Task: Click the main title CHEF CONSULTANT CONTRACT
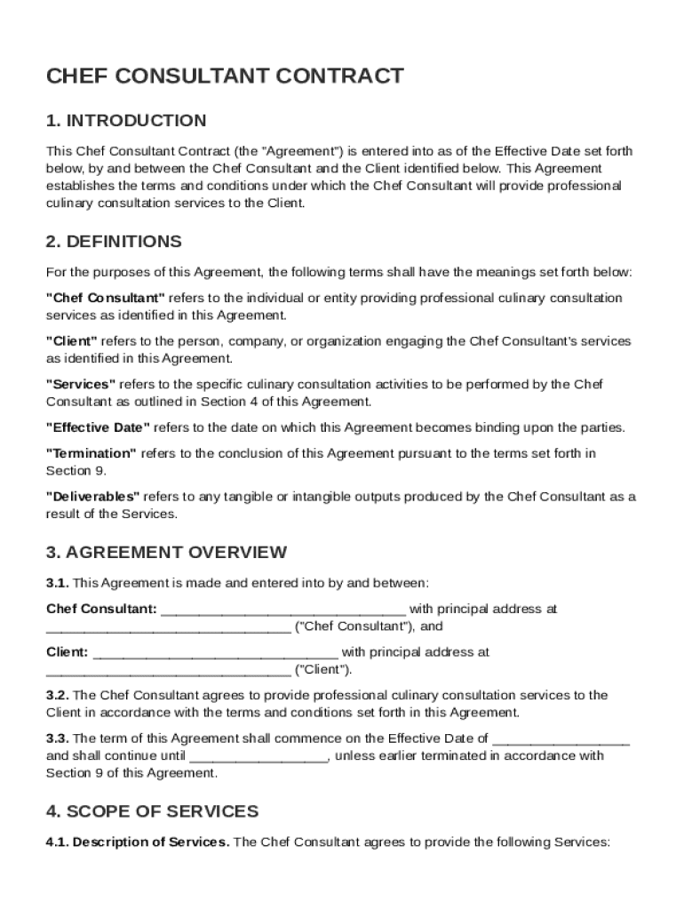click(x=225, y=76)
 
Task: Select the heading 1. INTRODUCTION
click(x=126, y=121)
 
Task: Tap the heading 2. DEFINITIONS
click(x=114, y=242)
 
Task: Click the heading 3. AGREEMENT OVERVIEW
click(x=166, y=552)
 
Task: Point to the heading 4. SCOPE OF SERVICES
click(x=152, y=811)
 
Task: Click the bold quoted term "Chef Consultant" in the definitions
click(x=106, y=298)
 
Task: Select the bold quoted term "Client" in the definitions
click(x=72, y=341)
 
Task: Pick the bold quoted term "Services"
click(x=81, y=384)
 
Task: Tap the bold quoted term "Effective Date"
click(x=98, y=427)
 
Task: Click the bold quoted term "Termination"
click(x=91, y=453)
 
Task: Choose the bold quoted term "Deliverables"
click(x=93, y=497)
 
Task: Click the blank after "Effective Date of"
click(x=561, y=739)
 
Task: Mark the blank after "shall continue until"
click(x=259, y=757)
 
